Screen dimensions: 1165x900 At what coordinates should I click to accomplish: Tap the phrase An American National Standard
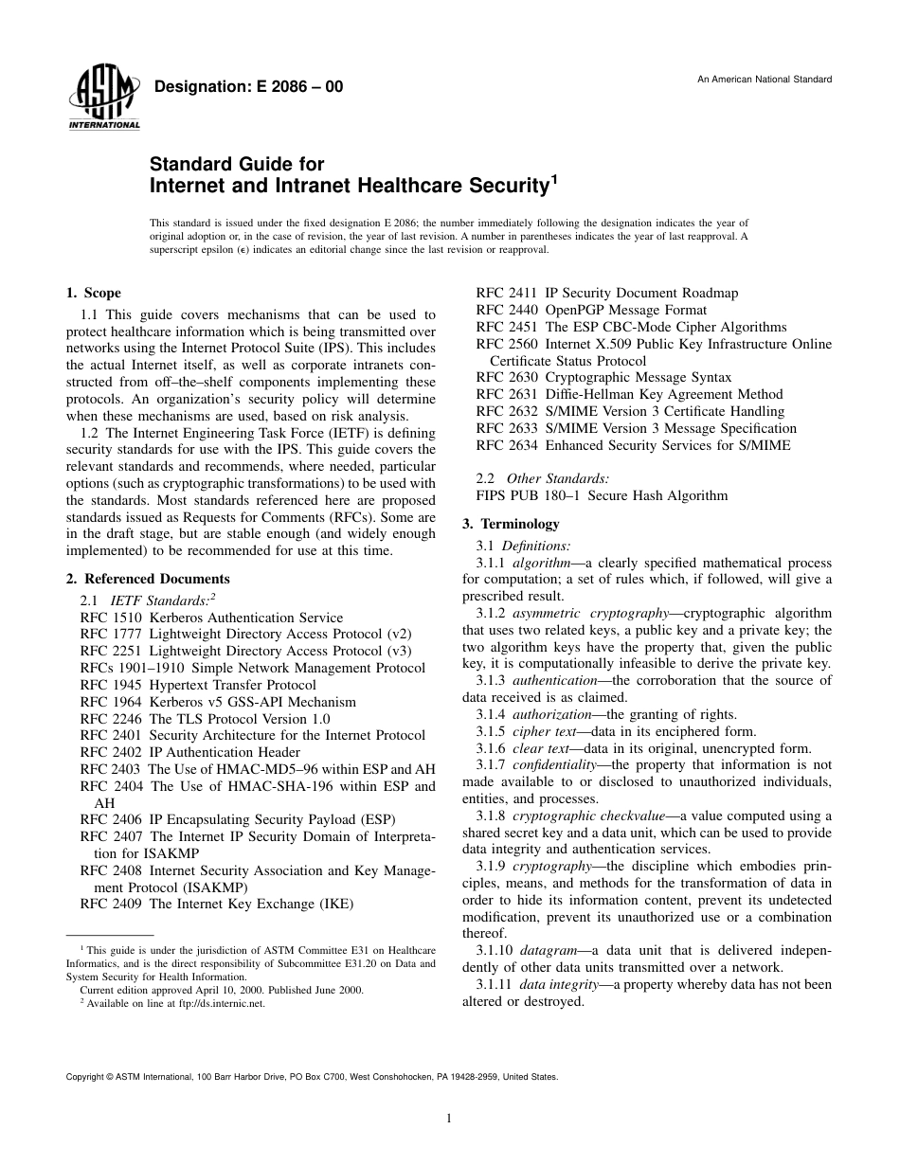(764, 79)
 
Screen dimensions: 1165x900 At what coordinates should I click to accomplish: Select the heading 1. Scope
(93, 294)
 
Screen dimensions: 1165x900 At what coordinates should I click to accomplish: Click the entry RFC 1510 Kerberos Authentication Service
(211, 618)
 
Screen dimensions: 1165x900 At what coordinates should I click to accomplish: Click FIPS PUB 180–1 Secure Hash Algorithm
(602, 495)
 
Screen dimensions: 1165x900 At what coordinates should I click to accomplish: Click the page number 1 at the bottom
(449, 1119)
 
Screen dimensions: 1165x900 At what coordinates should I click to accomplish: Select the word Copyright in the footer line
(83, 1077)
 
